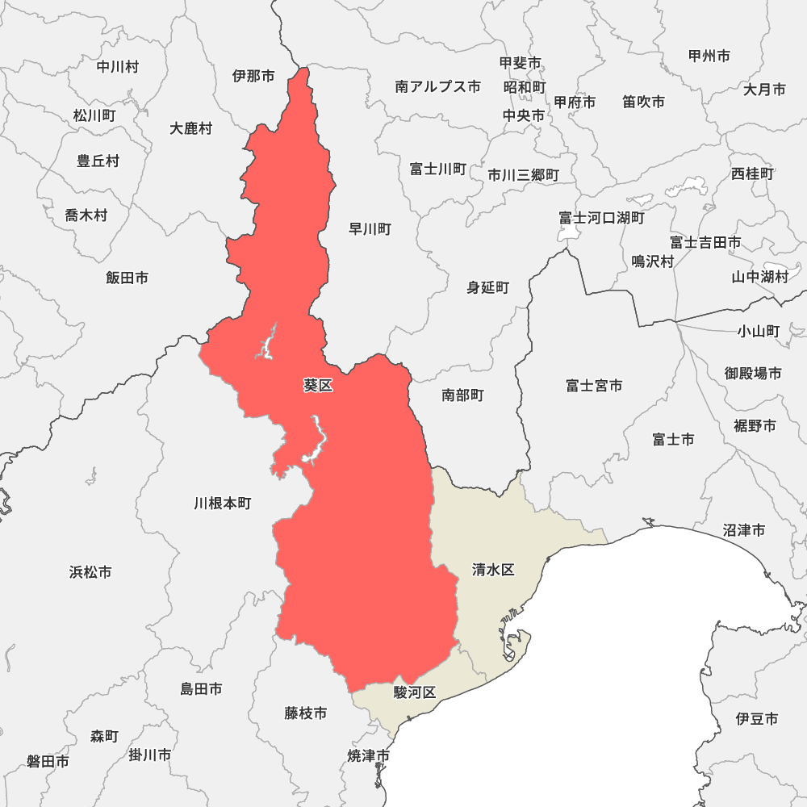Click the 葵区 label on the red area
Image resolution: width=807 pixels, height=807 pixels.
pos(318,386)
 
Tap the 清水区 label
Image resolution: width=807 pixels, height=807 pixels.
pos(493,570)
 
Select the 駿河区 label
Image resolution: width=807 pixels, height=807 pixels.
pos(415,692)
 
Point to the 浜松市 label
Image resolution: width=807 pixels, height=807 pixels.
pos(90,572)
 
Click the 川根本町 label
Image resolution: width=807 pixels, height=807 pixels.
pos(223,503)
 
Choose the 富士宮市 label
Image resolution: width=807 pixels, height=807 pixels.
pos(594,386)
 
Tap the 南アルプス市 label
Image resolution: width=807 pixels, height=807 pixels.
pos(438,86)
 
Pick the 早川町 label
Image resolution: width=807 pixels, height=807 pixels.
pos(370,229)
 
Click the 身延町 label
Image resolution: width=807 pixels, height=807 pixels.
pos(488,287)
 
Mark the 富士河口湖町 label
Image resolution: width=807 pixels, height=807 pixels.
pos(602,218)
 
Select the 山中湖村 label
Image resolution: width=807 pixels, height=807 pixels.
pos(759,277)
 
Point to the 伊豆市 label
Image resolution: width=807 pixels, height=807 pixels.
pos(757,718)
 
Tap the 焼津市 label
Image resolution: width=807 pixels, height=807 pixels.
pos(370,756)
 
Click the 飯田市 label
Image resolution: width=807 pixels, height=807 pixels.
pos(127,278)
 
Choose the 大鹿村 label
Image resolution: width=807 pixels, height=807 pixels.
pos(191,128)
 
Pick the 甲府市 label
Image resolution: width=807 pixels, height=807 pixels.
pos(575,102)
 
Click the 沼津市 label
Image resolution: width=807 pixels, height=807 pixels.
pos(744,530)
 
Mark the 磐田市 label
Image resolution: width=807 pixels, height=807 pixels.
pos(48,761)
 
